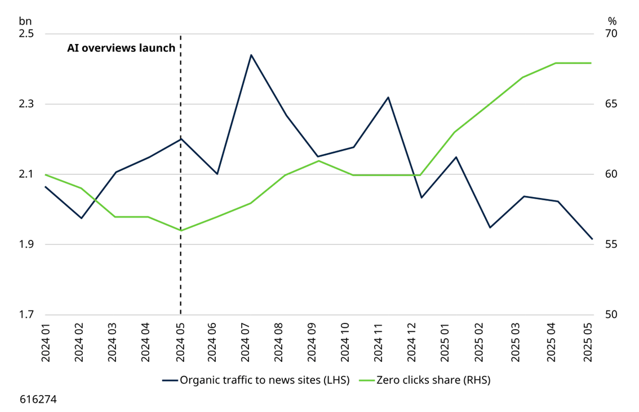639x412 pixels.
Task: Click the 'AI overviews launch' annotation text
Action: (121, 48)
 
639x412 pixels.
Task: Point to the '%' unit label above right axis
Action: (613, 21)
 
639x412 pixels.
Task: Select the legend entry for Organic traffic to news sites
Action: (256, 380)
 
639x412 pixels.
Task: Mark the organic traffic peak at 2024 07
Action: (251, 55)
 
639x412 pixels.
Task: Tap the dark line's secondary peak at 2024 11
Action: (388, 97)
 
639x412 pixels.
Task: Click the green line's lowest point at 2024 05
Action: (181, 230)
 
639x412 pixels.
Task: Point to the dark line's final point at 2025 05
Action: (592, 239)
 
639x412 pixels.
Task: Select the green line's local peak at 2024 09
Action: (319, 160)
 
